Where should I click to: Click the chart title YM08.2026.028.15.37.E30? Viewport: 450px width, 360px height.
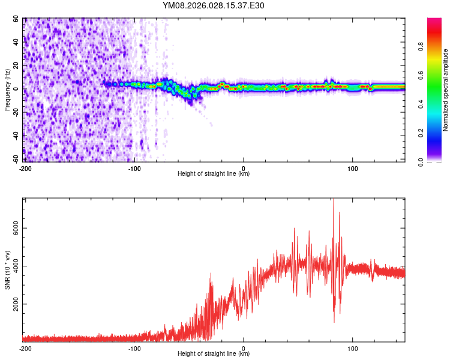click(214, 6)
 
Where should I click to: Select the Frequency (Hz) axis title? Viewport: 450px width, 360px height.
click(7, 89)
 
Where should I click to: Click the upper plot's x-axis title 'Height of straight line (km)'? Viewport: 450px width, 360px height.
click(214, 174)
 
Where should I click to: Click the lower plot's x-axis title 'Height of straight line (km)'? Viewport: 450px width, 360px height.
click(214, 354)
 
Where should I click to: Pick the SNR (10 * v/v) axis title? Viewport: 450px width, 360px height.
click(7, 269)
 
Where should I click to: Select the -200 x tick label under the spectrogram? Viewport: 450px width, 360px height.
click(25, 168)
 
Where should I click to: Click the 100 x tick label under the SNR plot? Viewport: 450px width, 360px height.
click(353, 348)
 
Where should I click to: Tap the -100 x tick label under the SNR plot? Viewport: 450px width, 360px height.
click(134, 348)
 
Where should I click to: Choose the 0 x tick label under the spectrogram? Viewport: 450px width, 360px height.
click(244, 168)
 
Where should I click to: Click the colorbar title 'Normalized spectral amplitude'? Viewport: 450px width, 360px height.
click(445, 90)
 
